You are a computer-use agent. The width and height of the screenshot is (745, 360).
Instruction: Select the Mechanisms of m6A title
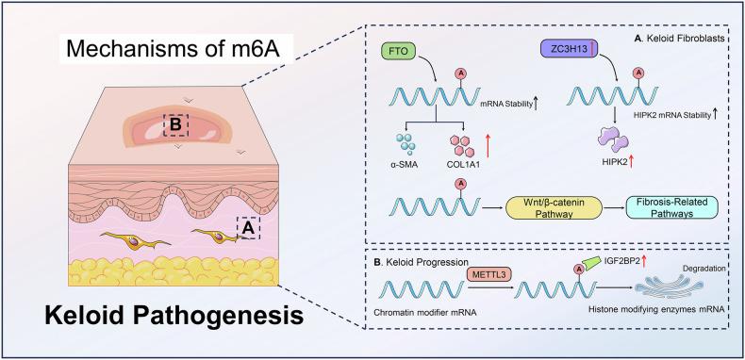145,45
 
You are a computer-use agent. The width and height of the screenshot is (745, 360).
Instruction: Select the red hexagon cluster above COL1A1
458,145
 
